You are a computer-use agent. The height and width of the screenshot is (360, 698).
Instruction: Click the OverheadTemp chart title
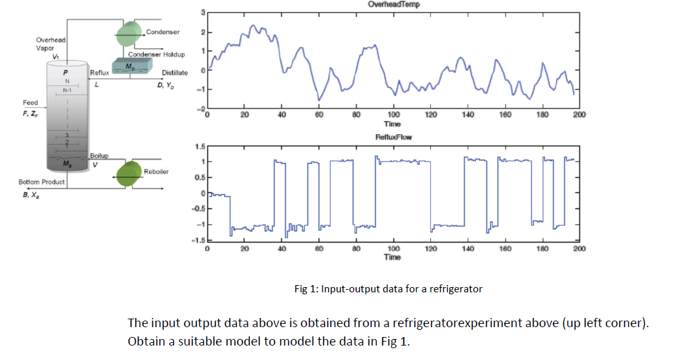pos(393,4)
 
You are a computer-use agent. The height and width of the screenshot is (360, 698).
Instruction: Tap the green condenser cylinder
pos(130,32)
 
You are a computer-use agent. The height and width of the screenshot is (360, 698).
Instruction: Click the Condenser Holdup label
pos(156,54)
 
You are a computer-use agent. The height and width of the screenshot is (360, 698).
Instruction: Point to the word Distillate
pos(175,73)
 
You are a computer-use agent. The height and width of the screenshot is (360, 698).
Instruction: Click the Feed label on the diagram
pos(30,103)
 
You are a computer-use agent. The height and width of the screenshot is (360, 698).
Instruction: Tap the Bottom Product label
pos(41,182)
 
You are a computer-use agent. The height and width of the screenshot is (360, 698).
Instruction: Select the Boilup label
pos(99,156)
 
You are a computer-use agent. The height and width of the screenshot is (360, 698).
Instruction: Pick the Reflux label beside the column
pos(100,73)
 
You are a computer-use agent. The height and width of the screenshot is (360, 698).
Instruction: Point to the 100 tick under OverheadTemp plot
pos(393,115)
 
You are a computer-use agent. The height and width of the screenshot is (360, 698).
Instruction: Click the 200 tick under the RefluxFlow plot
pos(578,249)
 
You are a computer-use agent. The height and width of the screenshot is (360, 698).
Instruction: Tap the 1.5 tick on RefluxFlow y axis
pos(199,146)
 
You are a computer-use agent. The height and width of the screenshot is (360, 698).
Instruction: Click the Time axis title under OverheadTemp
pos(393,123)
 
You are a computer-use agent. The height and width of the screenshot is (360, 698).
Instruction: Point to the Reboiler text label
pos(157,171)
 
